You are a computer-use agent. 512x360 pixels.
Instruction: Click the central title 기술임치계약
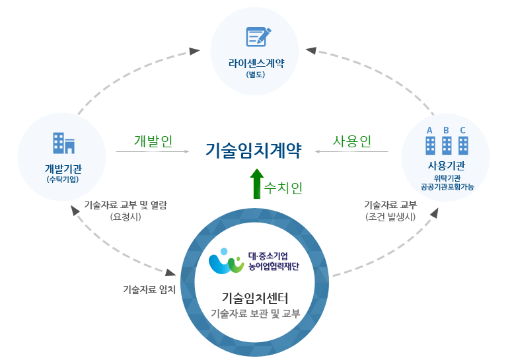(254, 151)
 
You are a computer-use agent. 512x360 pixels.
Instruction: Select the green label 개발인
(153, 141)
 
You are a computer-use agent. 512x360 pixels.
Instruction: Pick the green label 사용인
(351, 141)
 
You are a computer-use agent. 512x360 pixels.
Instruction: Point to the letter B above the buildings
(447, 130)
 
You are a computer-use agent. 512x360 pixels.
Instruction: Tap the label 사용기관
(447, 165)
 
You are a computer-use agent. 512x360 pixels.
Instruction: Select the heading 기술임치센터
(255, 297)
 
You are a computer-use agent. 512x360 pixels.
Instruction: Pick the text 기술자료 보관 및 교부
(255, 314)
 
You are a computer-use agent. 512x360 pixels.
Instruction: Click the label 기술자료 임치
(149, 289)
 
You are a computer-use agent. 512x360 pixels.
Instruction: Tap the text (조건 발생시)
(390, 216)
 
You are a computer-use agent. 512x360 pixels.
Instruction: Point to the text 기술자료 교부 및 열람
(126, 204)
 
